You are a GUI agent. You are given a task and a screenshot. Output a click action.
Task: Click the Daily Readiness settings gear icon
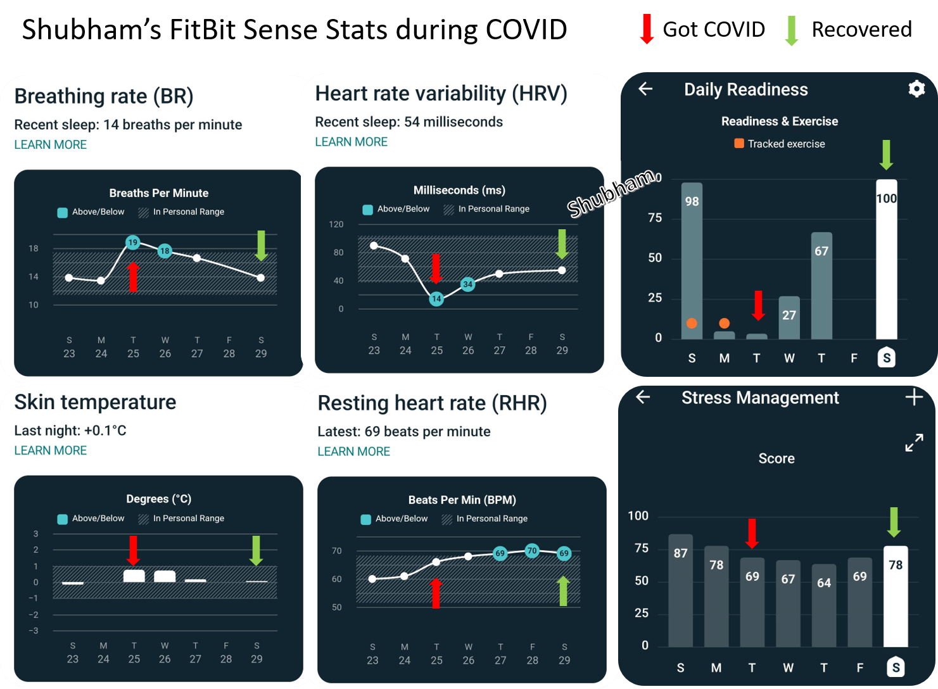(x=916, y=89)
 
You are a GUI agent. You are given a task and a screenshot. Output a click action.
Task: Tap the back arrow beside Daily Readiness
(x=645, y=89)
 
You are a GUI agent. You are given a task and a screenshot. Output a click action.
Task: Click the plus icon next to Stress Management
(x=914, y=398)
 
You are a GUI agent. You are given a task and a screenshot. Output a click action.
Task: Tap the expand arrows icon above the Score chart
(x=914, y=443)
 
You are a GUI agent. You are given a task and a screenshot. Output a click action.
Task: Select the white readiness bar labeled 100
(x=886, y=260)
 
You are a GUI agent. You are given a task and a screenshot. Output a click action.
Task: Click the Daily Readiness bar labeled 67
(x=821, y=285)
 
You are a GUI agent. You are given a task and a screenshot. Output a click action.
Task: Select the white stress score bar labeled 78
(x=896, y=596)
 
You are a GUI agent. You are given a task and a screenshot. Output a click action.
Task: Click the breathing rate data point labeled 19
(x=132, y=243)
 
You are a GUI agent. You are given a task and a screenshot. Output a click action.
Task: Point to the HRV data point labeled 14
(x=436, y=299)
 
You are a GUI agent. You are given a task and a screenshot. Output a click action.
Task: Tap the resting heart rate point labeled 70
(x=532, y=551)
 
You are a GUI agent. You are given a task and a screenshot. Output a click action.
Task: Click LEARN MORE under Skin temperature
(x=51, y=451)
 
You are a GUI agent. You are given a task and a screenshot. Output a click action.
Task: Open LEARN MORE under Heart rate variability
(x=352, y=142)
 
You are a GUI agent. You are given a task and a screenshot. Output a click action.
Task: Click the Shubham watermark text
(x=611, y=193)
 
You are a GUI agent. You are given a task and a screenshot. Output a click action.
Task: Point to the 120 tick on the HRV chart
(x=336, y=224)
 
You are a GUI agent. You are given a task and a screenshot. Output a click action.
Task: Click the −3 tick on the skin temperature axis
(x=34, y=631)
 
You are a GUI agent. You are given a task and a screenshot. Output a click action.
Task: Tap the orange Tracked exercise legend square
(x=739, y=144)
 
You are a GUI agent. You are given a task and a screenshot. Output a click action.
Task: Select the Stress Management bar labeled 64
(x=824, y=605)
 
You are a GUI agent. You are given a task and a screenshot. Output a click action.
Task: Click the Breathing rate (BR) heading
(x=104, y=96)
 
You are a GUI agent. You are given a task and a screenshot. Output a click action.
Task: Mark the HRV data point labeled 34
(x=467, y=284)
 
